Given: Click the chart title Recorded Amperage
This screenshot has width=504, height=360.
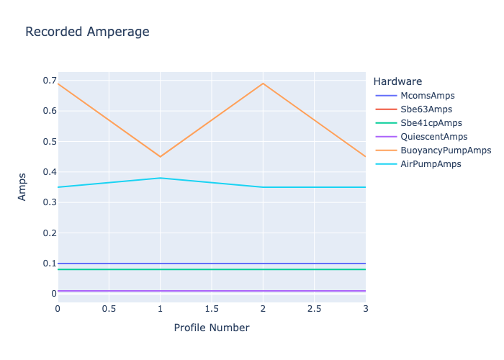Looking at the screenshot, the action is point(87,32).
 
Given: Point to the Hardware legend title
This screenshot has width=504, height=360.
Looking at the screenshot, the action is point(397,81).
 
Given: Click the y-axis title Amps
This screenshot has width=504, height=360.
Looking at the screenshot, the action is point(22,186).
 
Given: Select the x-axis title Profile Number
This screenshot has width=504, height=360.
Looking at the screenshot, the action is point(212,328).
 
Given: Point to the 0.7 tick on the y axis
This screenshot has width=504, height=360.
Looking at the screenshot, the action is point(50,81).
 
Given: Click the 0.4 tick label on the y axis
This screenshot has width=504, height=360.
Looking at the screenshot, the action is point(50,172).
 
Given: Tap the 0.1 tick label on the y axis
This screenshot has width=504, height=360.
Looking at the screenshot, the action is point(50,264).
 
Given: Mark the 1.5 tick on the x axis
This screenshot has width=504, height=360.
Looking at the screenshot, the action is point(212,309).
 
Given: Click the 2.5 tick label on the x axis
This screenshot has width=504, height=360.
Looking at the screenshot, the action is point(314,309).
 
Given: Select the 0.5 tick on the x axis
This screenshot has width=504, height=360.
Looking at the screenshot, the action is point(109,309).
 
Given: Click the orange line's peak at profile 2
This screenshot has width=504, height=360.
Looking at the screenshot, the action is point(263,84).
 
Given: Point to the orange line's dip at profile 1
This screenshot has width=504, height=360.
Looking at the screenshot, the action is point(160,156).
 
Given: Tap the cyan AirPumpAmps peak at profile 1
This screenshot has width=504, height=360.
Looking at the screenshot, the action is point(160,178).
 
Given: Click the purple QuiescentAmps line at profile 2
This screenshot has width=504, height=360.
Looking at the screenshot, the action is point(263,291).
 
